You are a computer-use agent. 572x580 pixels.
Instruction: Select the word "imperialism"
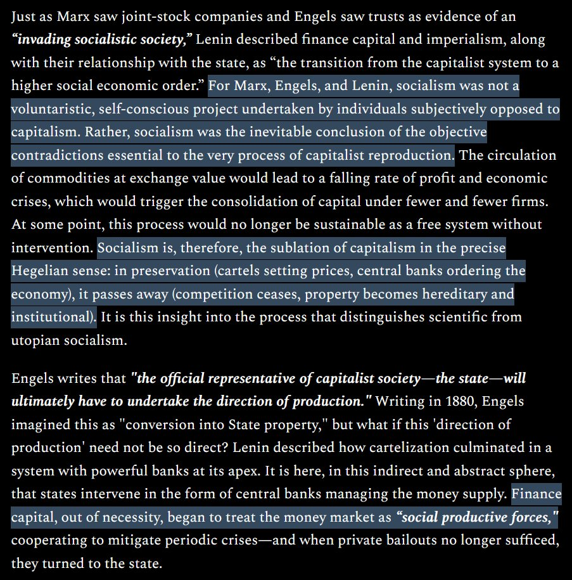[461, 40]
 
